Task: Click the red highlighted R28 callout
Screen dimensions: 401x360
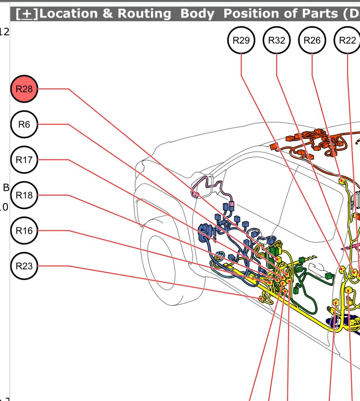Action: (x=24, y=89)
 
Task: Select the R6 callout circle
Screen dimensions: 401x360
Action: (x=24, y=124)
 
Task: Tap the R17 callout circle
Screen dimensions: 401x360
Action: (x=24, y=160)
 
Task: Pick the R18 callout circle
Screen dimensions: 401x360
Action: (x=24, y=195)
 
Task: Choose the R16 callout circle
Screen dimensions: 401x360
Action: (x=24, y=230)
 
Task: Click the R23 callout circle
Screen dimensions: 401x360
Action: (x=24, y=266)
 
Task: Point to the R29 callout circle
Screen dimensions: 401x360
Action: (x=241, y=40)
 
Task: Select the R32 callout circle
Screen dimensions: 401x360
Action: (x=277, y=40)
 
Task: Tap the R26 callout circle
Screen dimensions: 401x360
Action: (x=312, y=40)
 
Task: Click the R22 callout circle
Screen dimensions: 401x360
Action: (x=347, y=40)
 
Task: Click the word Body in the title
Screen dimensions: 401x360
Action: (x=197, y=14)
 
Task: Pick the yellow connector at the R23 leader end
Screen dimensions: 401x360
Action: (x=262, y=299)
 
